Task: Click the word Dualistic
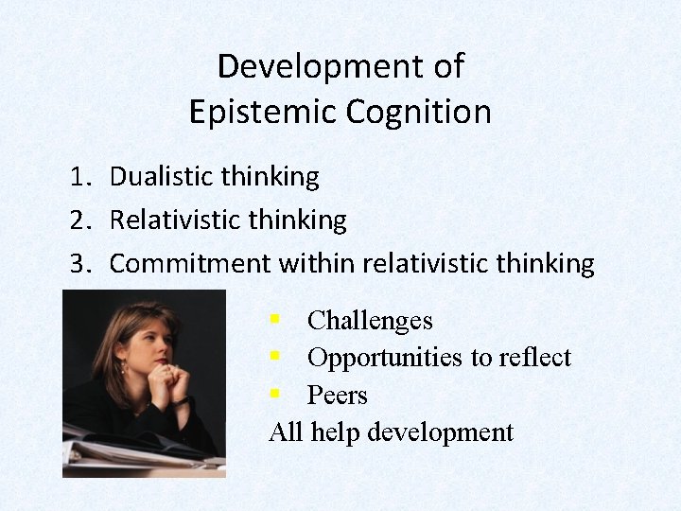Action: coord(163,176)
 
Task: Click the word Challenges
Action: coord(370,321)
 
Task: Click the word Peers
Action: coord(337,396)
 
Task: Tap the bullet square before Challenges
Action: coord(274,320)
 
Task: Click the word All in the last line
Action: coord(286,432)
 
